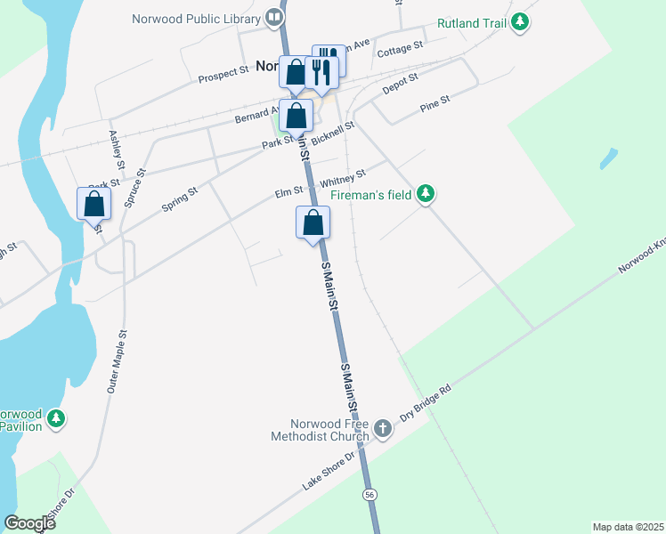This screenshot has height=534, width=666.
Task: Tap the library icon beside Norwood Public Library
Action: [274, 18]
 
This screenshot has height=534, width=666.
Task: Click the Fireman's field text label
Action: [371, 194]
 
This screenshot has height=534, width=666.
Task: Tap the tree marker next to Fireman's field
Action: [426, 193]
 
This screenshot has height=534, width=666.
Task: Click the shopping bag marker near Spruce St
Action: [93, 204]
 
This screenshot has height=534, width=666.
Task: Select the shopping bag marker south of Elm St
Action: [313, 222]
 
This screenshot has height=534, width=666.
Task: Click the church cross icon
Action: [383, 429]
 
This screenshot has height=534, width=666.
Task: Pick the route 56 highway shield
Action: [369, 494]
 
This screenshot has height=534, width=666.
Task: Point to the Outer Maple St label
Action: [117, 361]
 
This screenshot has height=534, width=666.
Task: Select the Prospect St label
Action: [223, 71]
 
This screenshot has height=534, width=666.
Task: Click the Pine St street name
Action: [435, 106]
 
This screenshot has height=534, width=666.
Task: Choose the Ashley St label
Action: [116, 149]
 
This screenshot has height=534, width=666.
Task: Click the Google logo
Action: [29, 522]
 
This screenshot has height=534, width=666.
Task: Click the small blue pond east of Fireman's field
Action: [609, 159]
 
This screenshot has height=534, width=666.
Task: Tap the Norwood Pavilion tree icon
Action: [56, 418]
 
